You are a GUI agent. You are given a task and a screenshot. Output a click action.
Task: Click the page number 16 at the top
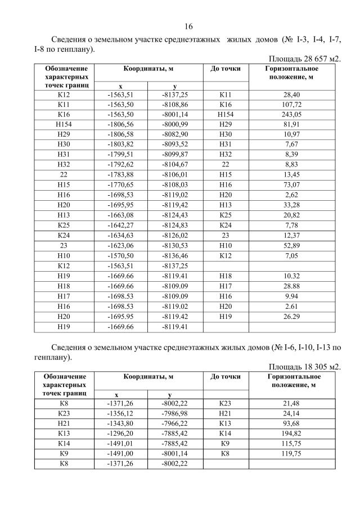188,27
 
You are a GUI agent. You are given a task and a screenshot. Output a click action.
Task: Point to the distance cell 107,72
292,105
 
